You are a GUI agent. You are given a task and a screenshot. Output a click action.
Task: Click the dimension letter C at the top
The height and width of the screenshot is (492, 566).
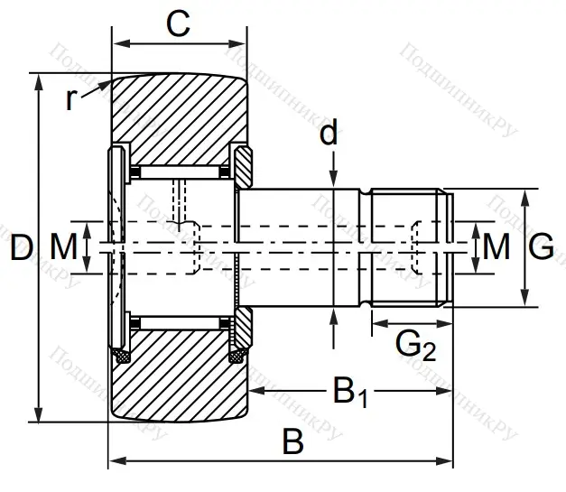[x=179, y=24]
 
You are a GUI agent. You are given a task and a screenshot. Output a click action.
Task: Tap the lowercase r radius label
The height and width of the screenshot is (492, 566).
[x=72, y=98]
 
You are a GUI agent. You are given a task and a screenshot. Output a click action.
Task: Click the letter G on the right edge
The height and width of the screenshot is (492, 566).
[x=541, y=246]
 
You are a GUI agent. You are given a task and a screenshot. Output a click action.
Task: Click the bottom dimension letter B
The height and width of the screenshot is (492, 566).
[x=292, y=442]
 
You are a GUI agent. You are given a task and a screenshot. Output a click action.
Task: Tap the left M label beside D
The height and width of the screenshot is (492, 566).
[x=63, y=246]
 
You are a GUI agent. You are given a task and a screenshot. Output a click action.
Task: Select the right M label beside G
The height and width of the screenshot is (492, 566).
[x=496, y=246]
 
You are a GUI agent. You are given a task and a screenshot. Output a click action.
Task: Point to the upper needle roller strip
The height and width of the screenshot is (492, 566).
[x=181, y=172]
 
